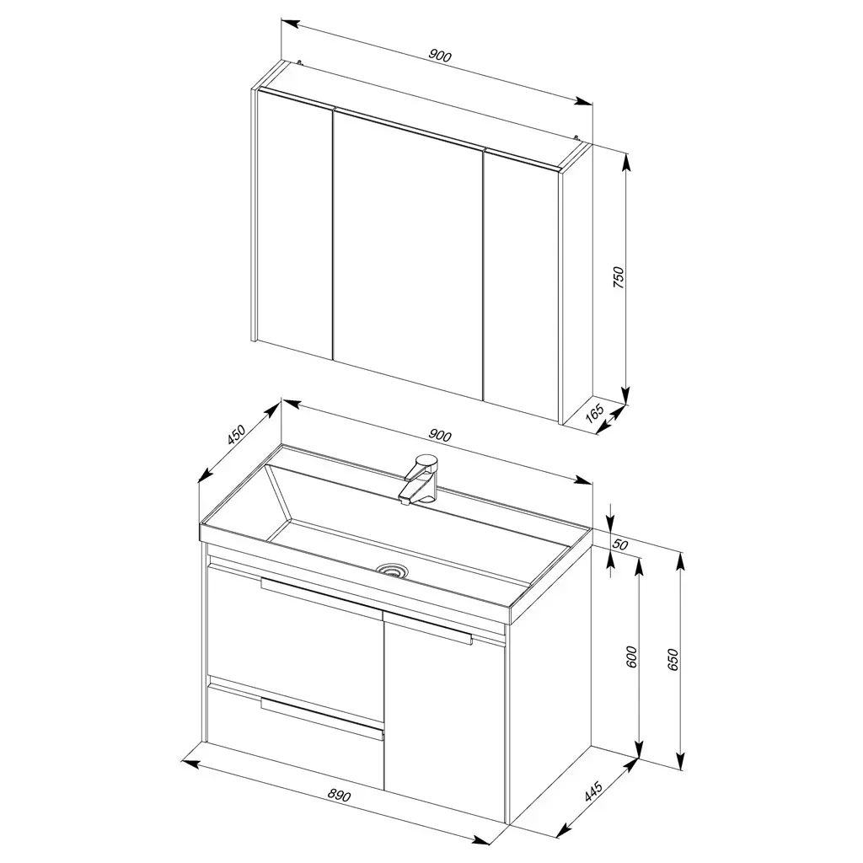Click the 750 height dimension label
619,277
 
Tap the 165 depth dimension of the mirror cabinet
595,413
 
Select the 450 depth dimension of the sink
236,435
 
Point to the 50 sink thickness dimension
620,544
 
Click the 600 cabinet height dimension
631,657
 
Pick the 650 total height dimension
673,660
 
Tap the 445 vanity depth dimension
593,791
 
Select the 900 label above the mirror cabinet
440,56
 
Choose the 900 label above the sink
440,436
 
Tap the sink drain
392,571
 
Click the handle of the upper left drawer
321,597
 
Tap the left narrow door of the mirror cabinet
294,223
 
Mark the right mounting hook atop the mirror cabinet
576,139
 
